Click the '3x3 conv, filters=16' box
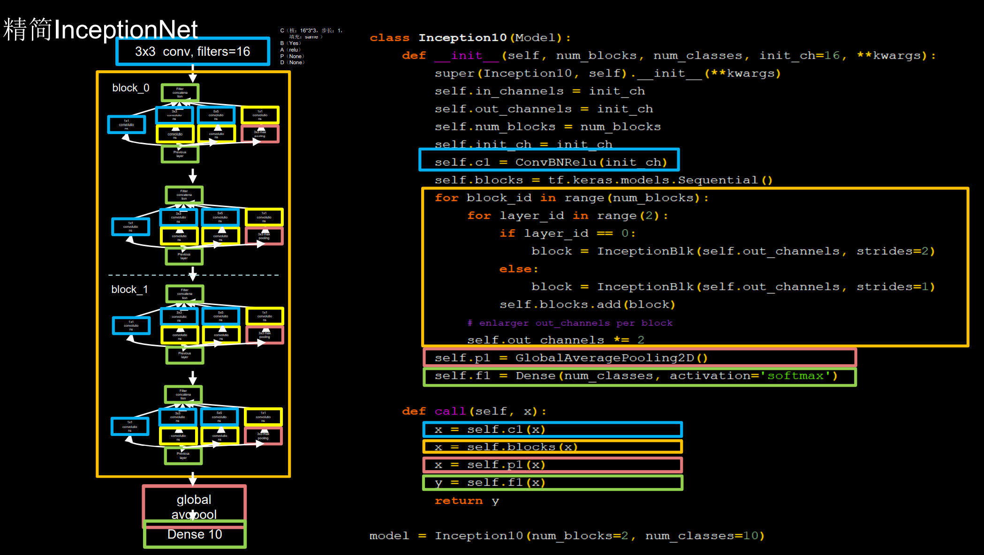193,52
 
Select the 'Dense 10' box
195,535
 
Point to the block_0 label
131,88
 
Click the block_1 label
129,290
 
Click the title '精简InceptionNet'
100,29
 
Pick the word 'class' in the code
389,38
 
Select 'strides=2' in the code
895,251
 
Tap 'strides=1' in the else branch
895,287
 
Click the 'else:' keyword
518,269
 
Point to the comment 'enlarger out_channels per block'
575,323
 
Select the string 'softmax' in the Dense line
795,376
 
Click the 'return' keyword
458,501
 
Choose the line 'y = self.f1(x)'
490,483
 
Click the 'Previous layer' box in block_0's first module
180,154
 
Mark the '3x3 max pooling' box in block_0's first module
260,134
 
